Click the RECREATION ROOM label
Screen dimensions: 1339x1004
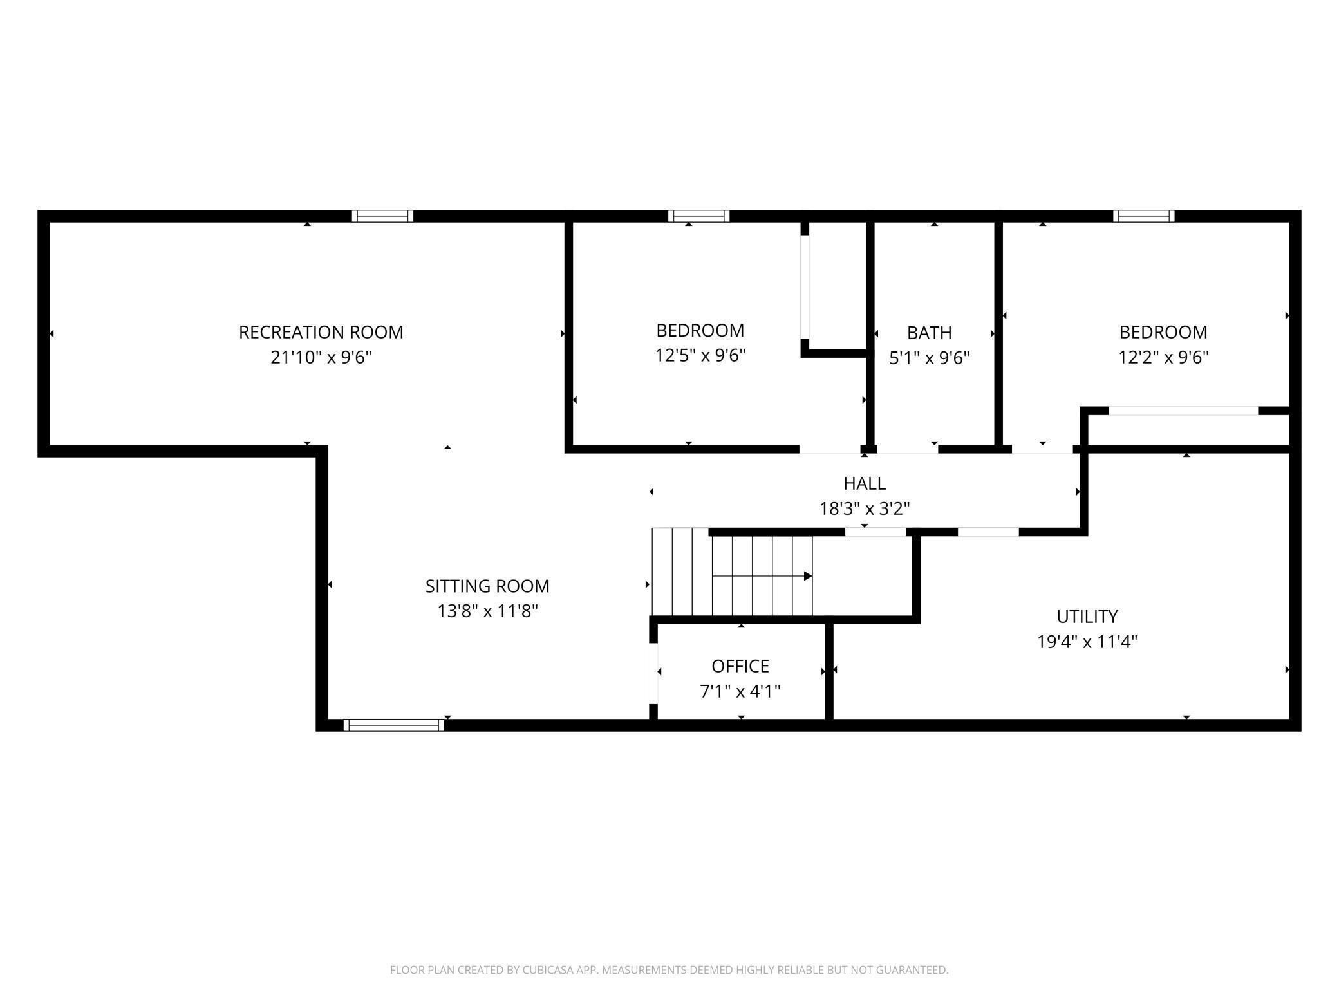[x=321, y=332]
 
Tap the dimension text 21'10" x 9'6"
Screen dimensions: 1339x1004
[x=321, y=357]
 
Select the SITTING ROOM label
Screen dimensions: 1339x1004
[x=487, y=586]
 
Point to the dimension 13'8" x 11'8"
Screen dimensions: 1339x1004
[x=487, y=611]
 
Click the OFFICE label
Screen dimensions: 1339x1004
[x=740, y=665]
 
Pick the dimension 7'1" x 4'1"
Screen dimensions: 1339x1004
[x=740, y=691]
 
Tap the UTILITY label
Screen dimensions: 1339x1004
[x=1087, y=617]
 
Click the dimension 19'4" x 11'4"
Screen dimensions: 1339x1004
[x=1087, y=642]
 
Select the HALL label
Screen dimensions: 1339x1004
[x=865, y=483]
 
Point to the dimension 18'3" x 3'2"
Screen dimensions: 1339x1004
[x=865, y=508]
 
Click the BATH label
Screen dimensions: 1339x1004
[x=930, y=333]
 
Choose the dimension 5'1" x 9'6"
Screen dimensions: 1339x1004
[x=930, y=358]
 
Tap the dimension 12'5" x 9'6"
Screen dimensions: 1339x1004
[x=700, y=355]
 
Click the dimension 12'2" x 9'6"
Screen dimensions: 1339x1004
[x=1163, y=357]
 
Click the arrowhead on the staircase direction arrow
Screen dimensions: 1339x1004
[x=809, y=576]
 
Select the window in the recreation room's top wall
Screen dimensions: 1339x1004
[x=382, y=216]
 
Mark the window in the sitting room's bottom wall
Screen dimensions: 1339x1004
[x=393, y=725]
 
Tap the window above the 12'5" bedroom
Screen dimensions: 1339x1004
[x=698, y=216]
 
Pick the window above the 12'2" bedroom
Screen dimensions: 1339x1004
[x=1144, y=216]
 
